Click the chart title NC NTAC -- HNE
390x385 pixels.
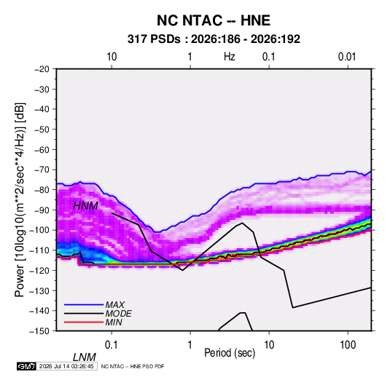point(214,20)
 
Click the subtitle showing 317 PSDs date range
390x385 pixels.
point(214,39)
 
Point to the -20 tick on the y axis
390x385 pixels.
point(42,69)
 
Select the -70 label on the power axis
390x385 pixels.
point(42,170)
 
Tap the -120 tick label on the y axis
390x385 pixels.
point(40,271)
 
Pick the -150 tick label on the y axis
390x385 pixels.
point(40,331)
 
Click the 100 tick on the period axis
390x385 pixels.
point(348,345)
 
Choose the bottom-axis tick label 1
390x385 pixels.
point(190,345)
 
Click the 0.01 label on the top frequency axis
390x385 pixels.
point(347,57)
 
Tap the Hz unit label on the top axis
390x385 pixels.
point(230,57)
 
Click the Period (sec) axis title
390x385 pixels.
point(230,353)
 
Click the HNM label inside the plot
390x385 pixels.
point(85,206)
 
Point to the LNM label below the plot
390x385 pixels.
point(85,357)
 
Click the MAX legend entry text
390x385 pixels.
point(115,305)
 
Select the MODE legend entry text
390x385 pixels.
point(118,314)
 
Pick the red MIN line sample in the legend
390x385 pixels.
point(84,322)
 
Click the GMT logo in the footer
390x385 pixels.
point(26,366)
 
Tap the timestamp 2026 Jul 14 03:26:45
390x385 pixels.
point(66,366)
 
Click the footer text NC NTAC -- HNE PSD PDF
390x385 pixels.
point(133,366)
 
